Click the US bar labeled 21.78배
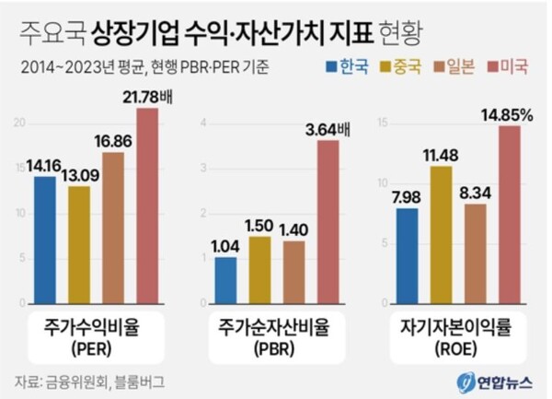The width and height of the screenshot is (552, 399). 147,207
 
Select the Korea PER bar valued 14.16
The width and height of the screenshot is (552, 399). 44,241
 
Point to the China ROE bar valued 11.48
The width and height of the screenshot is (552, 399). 440,234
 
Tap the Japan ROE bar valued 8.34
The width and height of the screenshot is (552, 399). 475,253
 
